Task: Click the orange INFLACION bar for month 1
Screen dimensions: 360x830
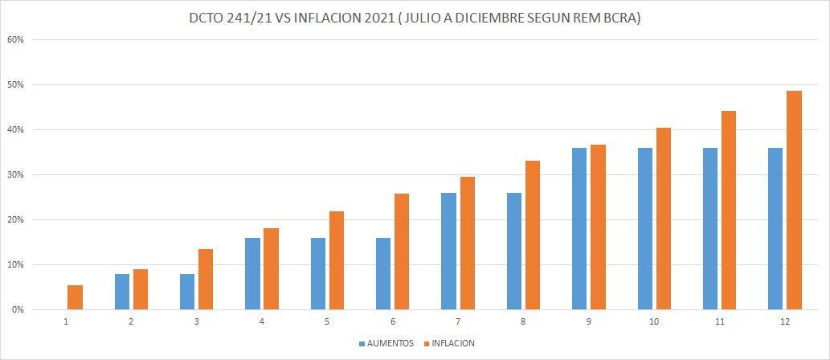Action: [75, 297]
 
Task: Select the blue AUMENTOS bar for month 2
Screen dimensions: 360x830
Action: [122, 292]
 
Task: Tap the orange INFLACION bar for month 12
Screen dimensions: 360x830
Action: [794, 200]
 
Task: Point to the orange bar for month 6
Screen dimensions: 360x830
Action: [402, 252]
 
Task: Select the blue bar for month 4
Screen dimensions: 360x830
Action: [253, 274]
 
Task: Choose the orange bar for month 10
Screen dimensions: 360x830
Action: [663, 219]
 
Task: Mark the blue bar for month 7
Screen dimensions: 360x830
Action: [449, 252]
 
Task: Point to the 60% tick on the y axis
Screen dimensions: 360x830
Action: [16, 39]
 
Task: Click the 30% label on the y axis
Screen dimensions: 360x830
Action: [16, 174]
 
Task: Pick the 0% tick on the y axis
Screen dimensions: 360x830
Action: [18, 309]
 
